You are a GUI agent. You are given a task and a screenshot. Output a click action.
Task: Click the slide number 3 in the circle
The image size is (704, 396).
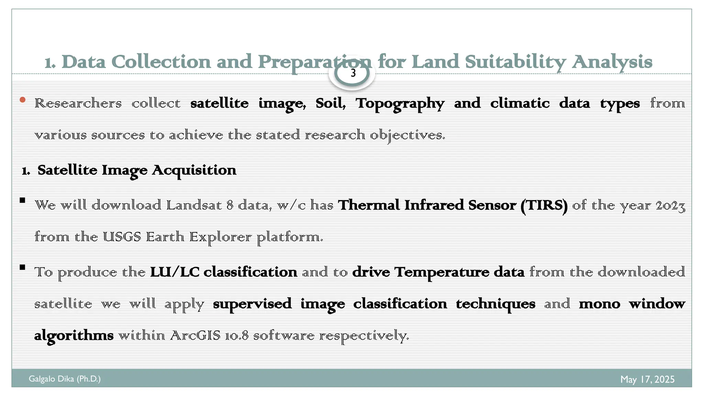click(x=353, y=73)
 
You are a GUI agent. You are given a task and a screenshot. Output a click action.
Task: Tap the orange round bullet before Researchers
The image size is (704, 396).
click(x=23, y=100)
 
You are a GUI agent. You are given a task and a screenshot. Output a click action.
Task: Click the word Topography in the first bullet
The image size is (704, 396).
click(x=400, y=103)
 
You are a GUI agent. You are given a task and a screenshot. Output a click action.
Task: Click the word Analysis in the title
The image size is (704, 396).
click(x=612, y=62)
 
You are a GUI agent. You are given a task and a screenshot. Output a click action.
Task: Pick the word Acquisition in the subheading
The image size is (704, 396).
click(x=194, y=170)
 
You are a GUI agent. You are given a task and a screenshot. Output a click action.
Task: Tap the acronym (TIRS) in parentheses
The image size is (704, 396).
click(x=544, y=205)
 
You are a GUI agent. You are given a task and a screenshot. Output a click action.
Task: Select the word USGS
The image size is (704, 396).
click(x=122, y=237)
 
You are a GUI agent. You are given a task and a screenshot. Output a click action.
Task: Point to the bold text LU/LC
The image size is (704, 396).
click(x=175, y=272)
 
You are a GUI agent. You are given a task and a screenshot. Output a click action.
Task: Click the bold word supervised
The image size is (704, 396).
click(x=252, y=304)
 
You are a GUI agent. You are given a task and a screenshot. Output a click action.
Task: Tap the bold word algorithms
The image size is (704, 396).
click(x=74, y=335)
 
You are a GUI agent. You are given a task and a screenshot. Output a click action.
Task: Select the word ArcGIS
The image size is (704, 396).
click(x=195, y=335)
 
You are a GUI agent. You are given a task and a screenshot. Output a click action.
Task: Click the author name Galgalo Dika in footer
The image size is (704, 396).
click(x=52, y=379)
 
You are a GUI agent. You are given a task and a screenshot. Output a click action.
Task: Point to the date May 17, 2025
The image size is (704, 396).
click(x=647, y=379)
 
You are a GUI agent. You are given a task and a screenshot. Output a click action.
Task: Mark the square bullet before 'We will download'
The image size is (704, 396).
click(x=23, y=200)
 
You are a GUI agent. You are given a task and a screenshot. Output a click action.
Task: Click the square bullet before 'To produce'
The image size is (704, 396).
click(x=23, y=267)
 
